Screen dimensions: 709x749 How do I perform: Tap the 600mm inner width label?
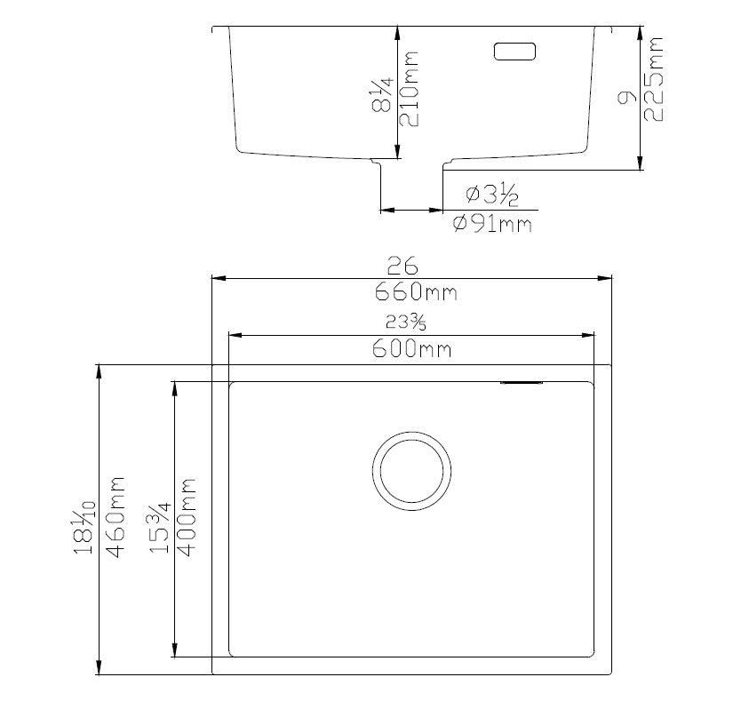click(x=410, y=349)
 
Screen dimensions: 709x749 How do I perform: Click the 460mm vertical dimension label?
click(x=114, y=516)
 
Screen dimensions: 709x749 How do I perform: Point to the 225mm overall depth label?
click(x=653, y=77)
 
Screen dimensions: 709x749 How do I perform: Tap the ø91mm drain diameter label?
click(x=492, y=223)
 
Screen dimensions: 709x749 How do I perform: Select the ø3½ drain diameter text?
click(x=487, y=195)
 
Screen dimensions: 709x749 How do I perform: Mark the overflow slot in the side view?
click(x=516, y=52)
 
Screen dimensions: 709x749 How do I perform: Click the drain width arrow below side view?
click(x=411, y=211)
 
